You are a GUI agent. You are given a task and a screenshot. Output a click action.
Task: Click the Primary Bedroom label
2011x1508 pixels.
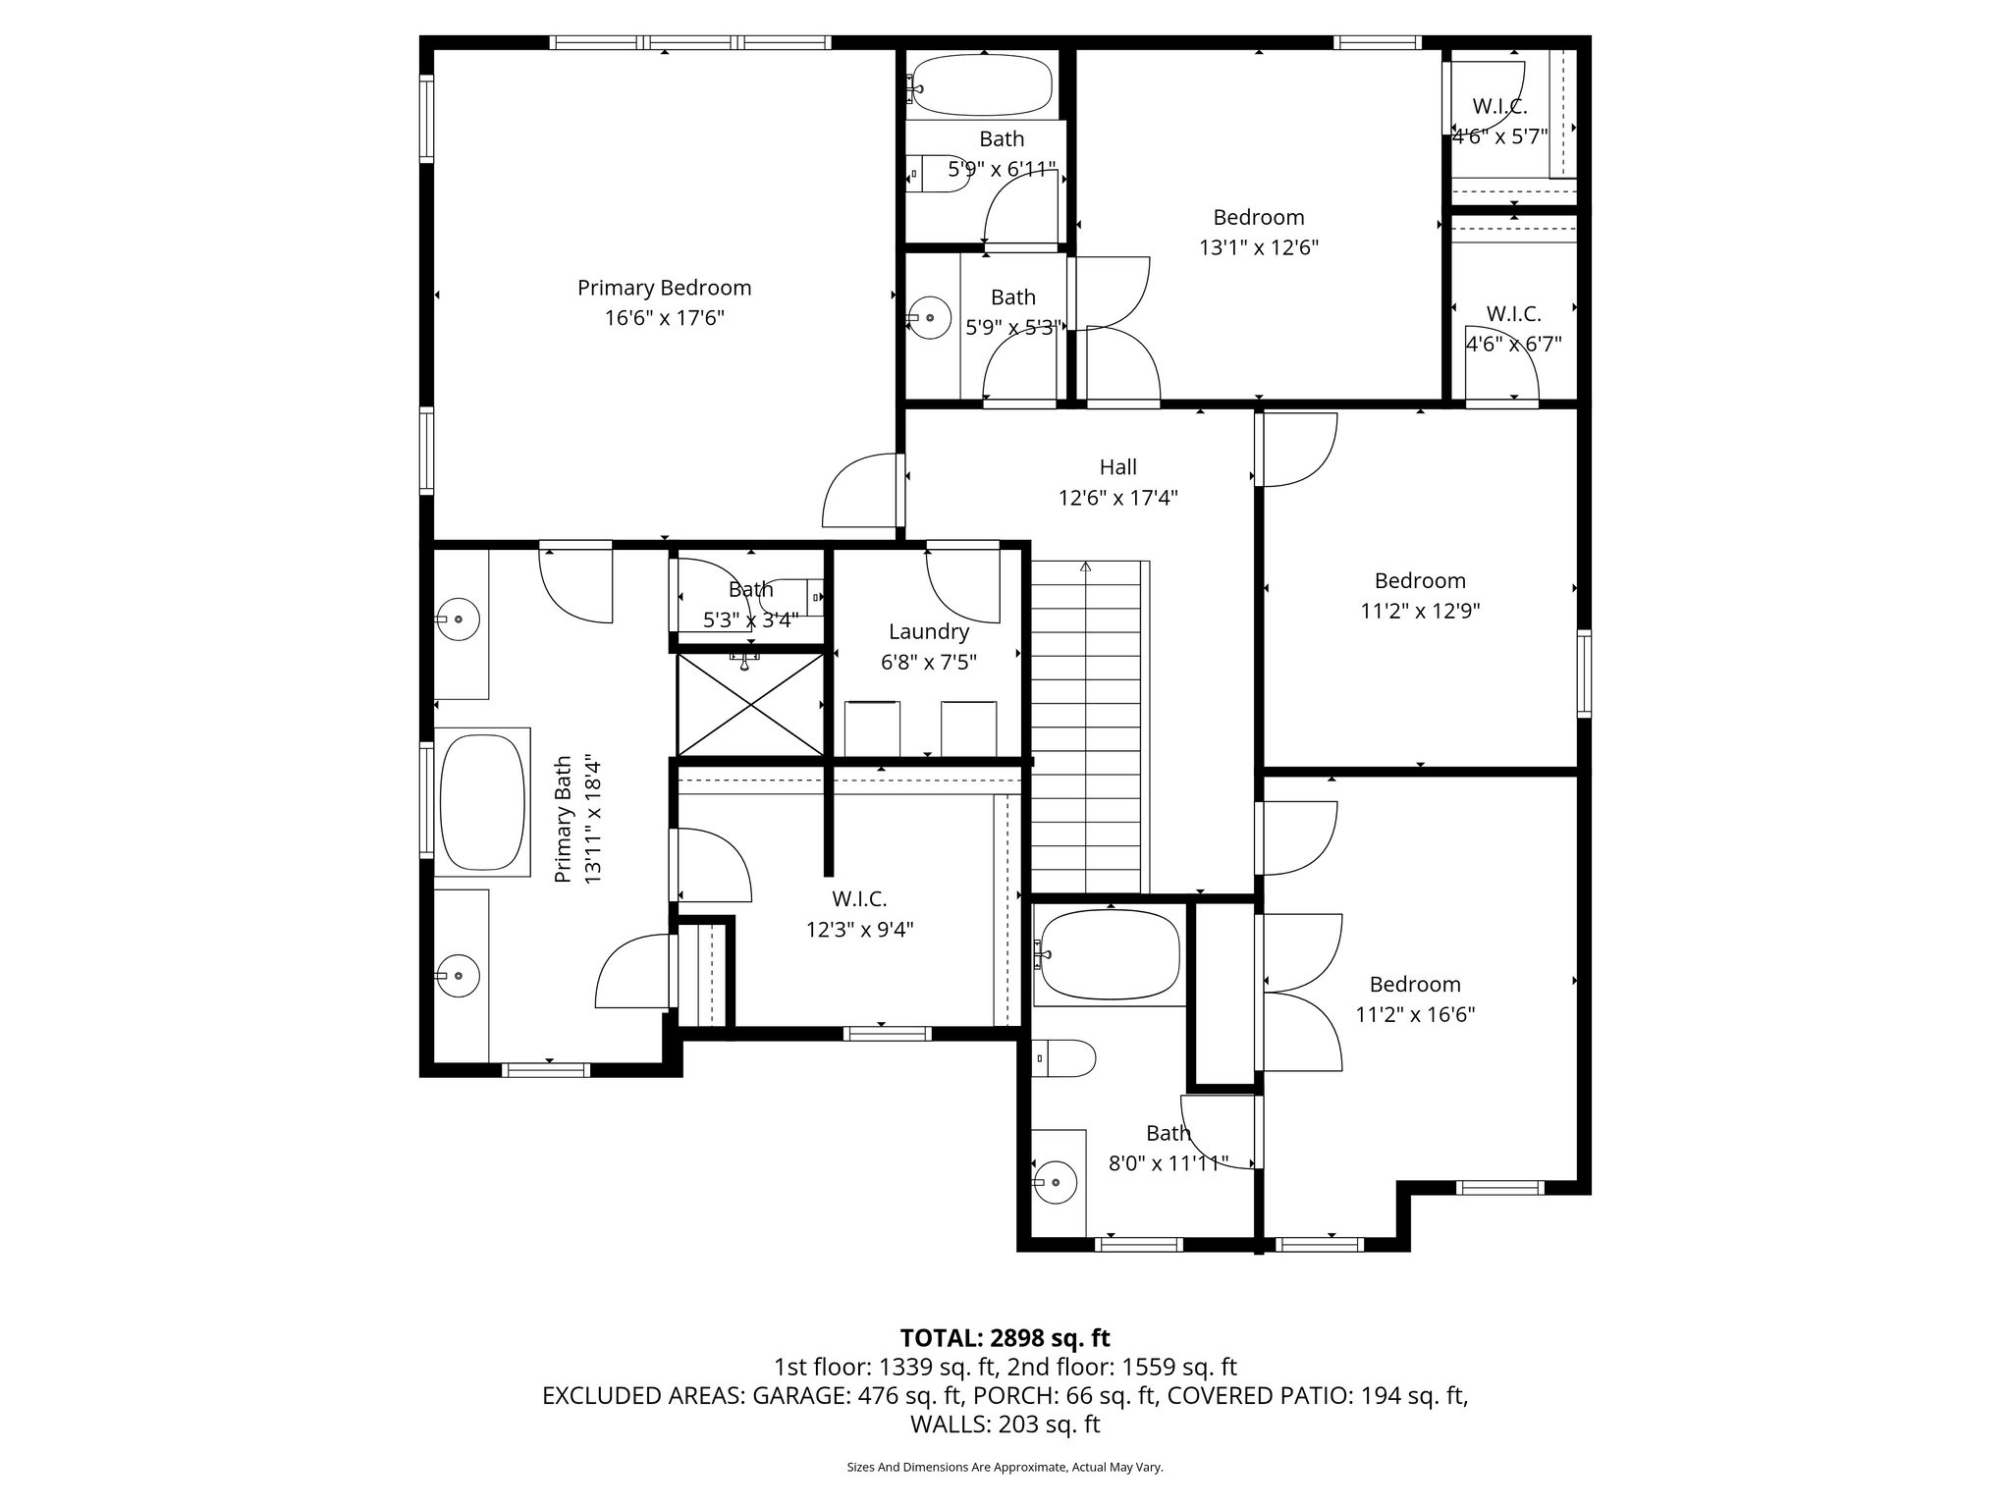(664, 288)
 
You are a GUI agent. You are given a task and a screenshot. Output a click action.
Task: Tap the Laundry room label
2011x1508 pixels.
(928, 632)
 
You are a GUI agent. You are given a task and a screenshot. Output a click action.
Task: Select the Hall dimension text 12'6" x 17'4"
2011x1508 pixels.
(1117, 498)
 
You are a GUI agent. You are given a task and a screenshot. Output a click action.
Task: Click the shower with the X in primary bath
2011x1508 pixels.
(751, 704)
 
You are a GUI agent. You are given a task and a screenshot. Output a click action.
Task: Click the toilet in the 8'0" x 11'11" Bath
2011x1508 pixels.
(1065, 1058)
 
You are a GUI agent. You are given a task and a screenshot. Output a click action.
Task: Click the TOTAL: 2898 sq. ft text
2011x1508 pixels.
(1005, 1337)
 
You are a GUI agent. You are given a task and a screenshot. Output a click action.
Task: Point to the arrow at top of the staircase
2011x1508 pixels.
(1085, 567)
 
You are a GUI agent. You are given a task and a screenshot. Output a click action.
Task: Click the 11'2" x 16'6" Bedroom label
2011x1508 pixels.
(1415, 985)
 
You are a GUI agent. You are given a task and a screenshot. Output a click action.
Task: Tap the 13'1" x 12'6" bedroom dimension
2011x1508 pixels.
(1258, 247)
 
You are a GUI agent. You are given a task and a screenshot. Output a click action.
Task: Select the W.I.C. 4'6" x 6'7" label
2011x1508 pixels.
(1513, 314)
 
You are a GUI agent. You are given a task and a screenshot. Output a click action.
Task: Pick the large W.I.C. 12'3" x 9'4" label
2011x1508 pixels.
(859, 899)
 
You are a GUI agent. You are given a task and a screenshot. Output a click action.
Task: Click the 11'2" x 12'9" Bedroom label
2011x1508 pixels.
(1420, 580)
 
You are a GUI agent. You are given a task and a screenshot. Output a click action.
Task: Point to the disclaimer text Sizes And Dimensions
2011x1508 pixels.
(1005, 1467)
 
